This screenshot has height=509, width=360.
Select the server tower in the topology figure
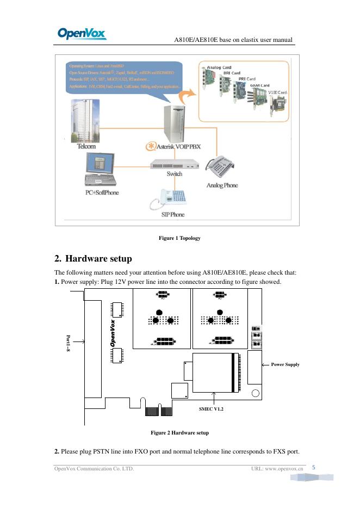point(174,122)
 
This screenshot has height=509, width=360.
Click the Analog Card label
point(219,68)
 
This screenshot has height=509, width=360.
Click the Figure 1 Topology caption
point(179,238)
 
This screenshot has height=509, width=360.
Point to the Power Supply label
point(285,364)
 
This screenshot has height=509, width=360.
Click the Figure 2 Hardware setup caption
point(179,433)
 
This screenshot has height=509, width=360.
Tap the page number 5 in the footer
point(314,467)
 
